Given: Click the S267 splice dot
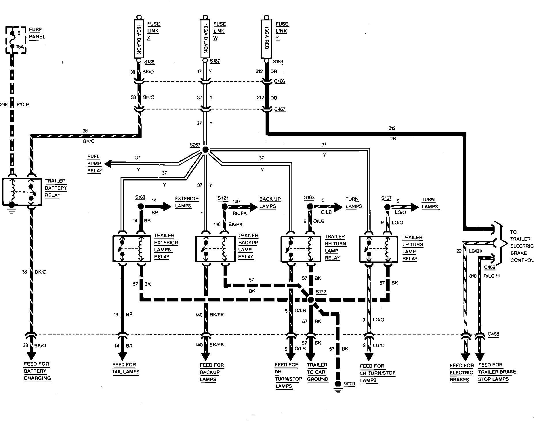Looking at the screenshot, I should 205,149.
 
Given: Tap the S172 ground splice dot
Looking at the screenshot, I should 311,300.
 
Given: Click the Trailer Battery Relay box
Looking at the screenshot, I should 22,192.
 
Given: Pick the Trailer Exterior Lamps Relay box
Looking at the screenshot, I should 131,249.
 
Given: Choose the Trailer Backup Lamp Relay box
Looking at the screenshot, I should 215,249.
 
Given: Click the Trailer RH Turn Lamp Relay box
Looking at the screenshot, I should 301,249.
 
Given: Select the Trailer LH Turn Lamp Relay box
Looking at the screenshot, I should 379,249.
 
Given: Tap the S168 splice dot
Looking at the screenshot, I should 141,206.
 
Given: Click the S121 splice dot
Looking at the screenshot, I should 224,207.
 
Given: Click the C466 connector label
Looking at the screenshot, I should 279,81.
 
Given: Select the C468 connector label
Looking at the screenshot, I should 493,334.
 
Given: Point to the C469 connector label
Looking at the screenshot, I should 489,267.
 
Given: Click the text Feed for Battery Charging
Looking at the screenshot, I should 37,371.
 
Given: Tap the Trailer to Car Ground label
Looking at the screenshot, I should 317,372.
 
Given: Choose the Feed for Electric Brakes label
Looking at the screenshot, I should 461,372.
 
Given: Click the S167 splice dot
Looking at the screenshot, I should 387,207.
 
